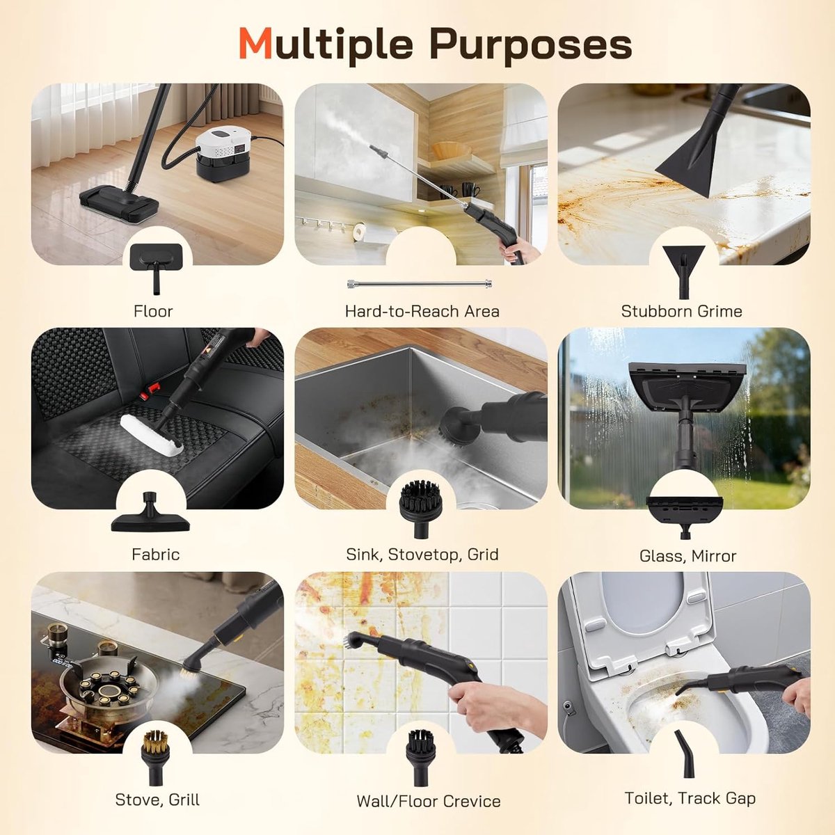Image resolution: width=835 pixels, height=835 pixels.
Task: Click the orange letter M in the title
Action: point(255,45)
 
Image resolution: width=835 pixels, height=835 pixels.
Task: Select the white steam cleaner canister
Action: point(223,154)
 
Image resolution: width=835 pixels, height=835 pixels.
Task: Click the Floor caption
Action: point(153,311)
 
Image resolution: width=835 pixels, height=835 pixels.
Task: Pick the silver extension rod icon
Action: point(420,285)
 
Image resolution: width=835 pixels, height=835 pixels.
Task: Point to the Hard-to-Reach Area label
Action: point(422,311)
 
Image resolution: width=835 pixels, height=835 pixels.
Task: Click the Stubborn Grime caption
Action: point(682,311)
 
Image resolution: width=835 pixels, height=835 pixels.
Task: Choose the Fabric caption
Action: point(156,554)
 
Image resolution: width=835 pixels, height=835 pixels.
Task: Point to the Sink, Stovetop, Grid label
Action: point(422,555)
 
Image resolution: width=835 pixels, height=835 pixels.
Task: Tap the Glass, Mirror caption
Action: point(687,556)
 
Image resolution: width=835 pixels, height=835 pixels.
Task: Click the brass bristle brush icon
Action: point(155,757)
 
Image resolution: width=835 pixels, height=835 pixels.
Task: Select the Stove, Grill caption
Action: point(157,800)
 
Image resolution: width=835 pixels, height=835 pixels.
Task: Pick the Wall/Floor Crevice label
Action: point(428,801)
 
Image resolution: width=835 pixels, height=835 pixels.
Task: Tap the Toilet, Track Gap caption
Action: point(690,798)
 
